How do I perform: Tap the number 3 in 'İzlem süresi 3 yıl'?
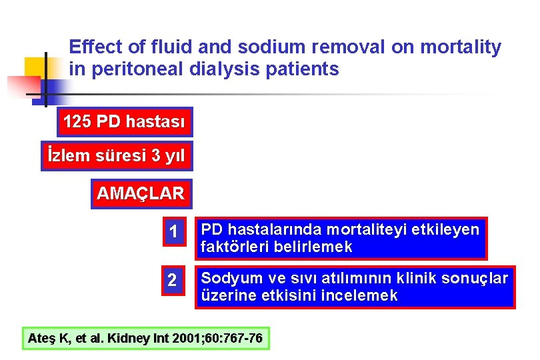click(155, 157)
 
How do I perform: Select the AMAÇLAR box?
click(141, 194)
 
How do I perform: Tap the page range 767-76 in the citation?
click(239, 339)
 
